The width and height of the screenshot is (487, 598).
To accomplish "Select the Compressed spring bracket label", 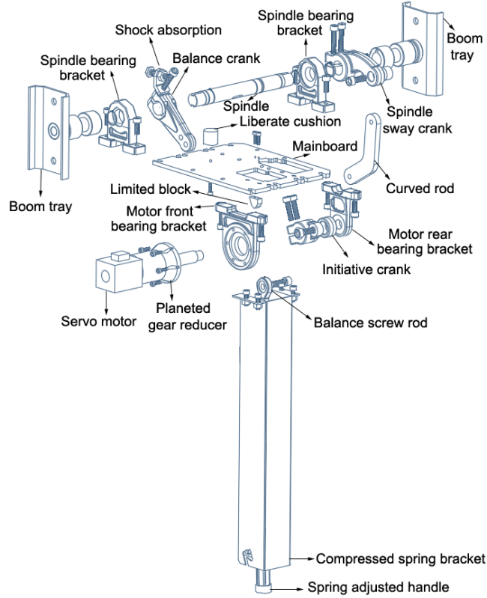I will [x=400, y=559].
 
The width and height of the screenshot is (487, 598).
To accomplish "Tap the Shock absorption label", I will [x=169, y=30].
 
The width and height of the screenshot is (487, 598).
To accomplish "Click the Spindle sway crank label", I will [x=419, y=120].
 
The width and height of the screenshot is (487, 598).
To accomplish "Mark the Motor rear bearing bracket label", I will [x=425, y=241].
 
